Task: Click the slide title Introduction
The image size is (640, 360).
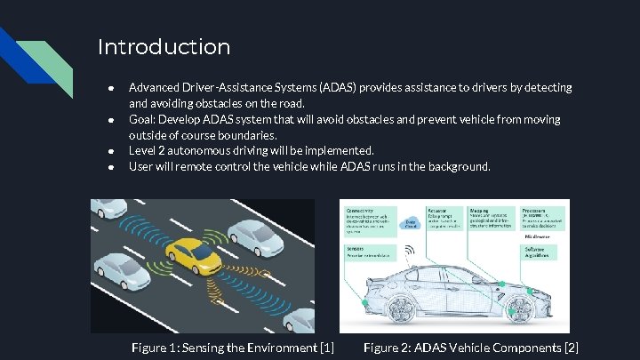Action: coord(164,46)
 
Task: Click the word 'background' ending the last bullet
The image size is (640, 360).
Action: coord(457,167)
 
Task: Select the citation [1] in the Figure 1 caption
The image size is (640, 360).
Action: coord(325,347)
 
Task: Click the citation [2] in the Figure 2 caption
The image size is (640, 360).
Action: coord(571,347)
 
